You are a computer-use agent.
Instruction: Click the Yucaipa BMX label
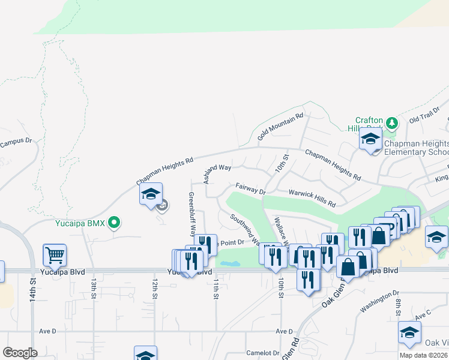pos(80,223)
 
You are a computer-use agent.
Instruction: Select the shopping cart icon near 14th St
pos(54,254)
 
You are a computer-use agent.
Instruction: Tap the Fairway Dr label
pos(250,189)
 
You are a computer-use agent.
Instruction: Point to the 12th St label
pos(155,288)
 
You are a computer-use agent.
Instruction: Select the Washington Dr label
pos(379,302)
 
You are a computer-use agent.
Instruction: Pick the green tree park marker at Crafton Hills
pos(392,123)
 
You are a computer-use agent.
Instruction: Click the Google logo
pos(20,353)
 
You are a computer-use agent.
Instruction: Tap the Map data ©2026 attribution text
pos(423,355)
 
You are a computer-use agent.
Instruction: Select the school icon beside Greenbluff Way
pos(151,194)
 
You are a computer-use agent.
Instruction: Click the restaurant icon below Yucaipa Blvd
pos(308,280)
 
